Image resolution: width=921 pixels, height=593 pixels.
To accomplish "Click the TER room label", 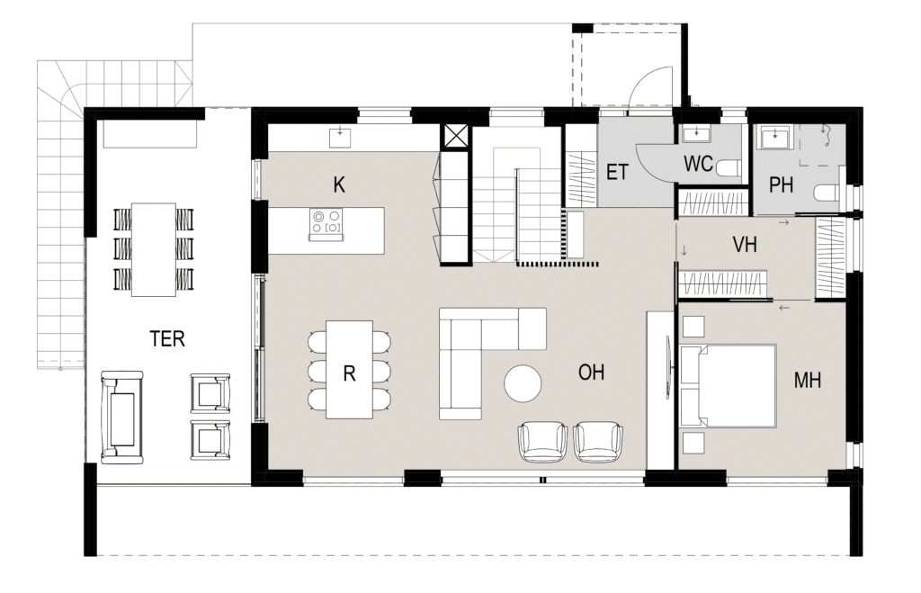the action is click(166, 338).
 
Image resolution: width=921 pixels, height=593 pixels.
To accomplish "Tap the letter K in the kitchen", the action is click(339, 185).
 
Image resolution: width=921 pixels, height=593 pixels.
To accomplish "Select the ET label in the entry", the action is click(617, 173).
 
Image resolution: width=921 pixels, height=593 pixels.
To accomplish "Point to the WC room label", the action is click(698, 164).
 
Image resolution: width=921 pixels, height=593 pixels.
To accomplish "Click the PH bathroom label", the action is click(781, 185).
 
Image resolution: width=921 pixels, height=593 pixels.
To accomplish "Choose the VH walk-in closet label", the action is click(745, 245).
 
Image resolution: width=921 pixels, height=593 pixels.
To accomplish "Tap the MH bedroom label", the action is click(807, 381).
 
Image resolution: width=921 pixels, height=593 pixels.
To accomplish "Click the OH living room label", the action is click(591, 372).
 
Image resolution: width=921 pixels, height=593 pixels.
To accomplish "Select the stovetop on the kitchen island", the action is click(326, 224).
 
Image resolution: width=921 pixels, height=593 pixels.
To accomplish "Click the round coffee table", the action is click(523, 383).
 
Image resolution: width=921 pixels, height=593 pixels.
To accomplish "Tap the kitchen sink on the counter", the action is click(339, 137).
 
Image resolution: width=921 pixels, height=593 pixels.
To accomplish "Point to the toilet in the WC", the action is click(729, 168).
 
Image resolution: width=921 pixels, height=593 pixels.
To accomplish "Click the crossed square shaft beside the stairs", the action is click(455, 138).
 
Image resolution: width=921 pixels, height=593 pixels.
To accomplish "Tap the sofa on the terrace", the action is click(121, 417).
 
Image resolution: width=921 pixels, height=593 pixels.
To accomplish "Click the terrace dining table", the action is click(154, 250).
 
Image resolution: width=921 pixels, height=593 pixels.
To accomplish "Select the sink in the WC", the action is click(697, 135).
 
